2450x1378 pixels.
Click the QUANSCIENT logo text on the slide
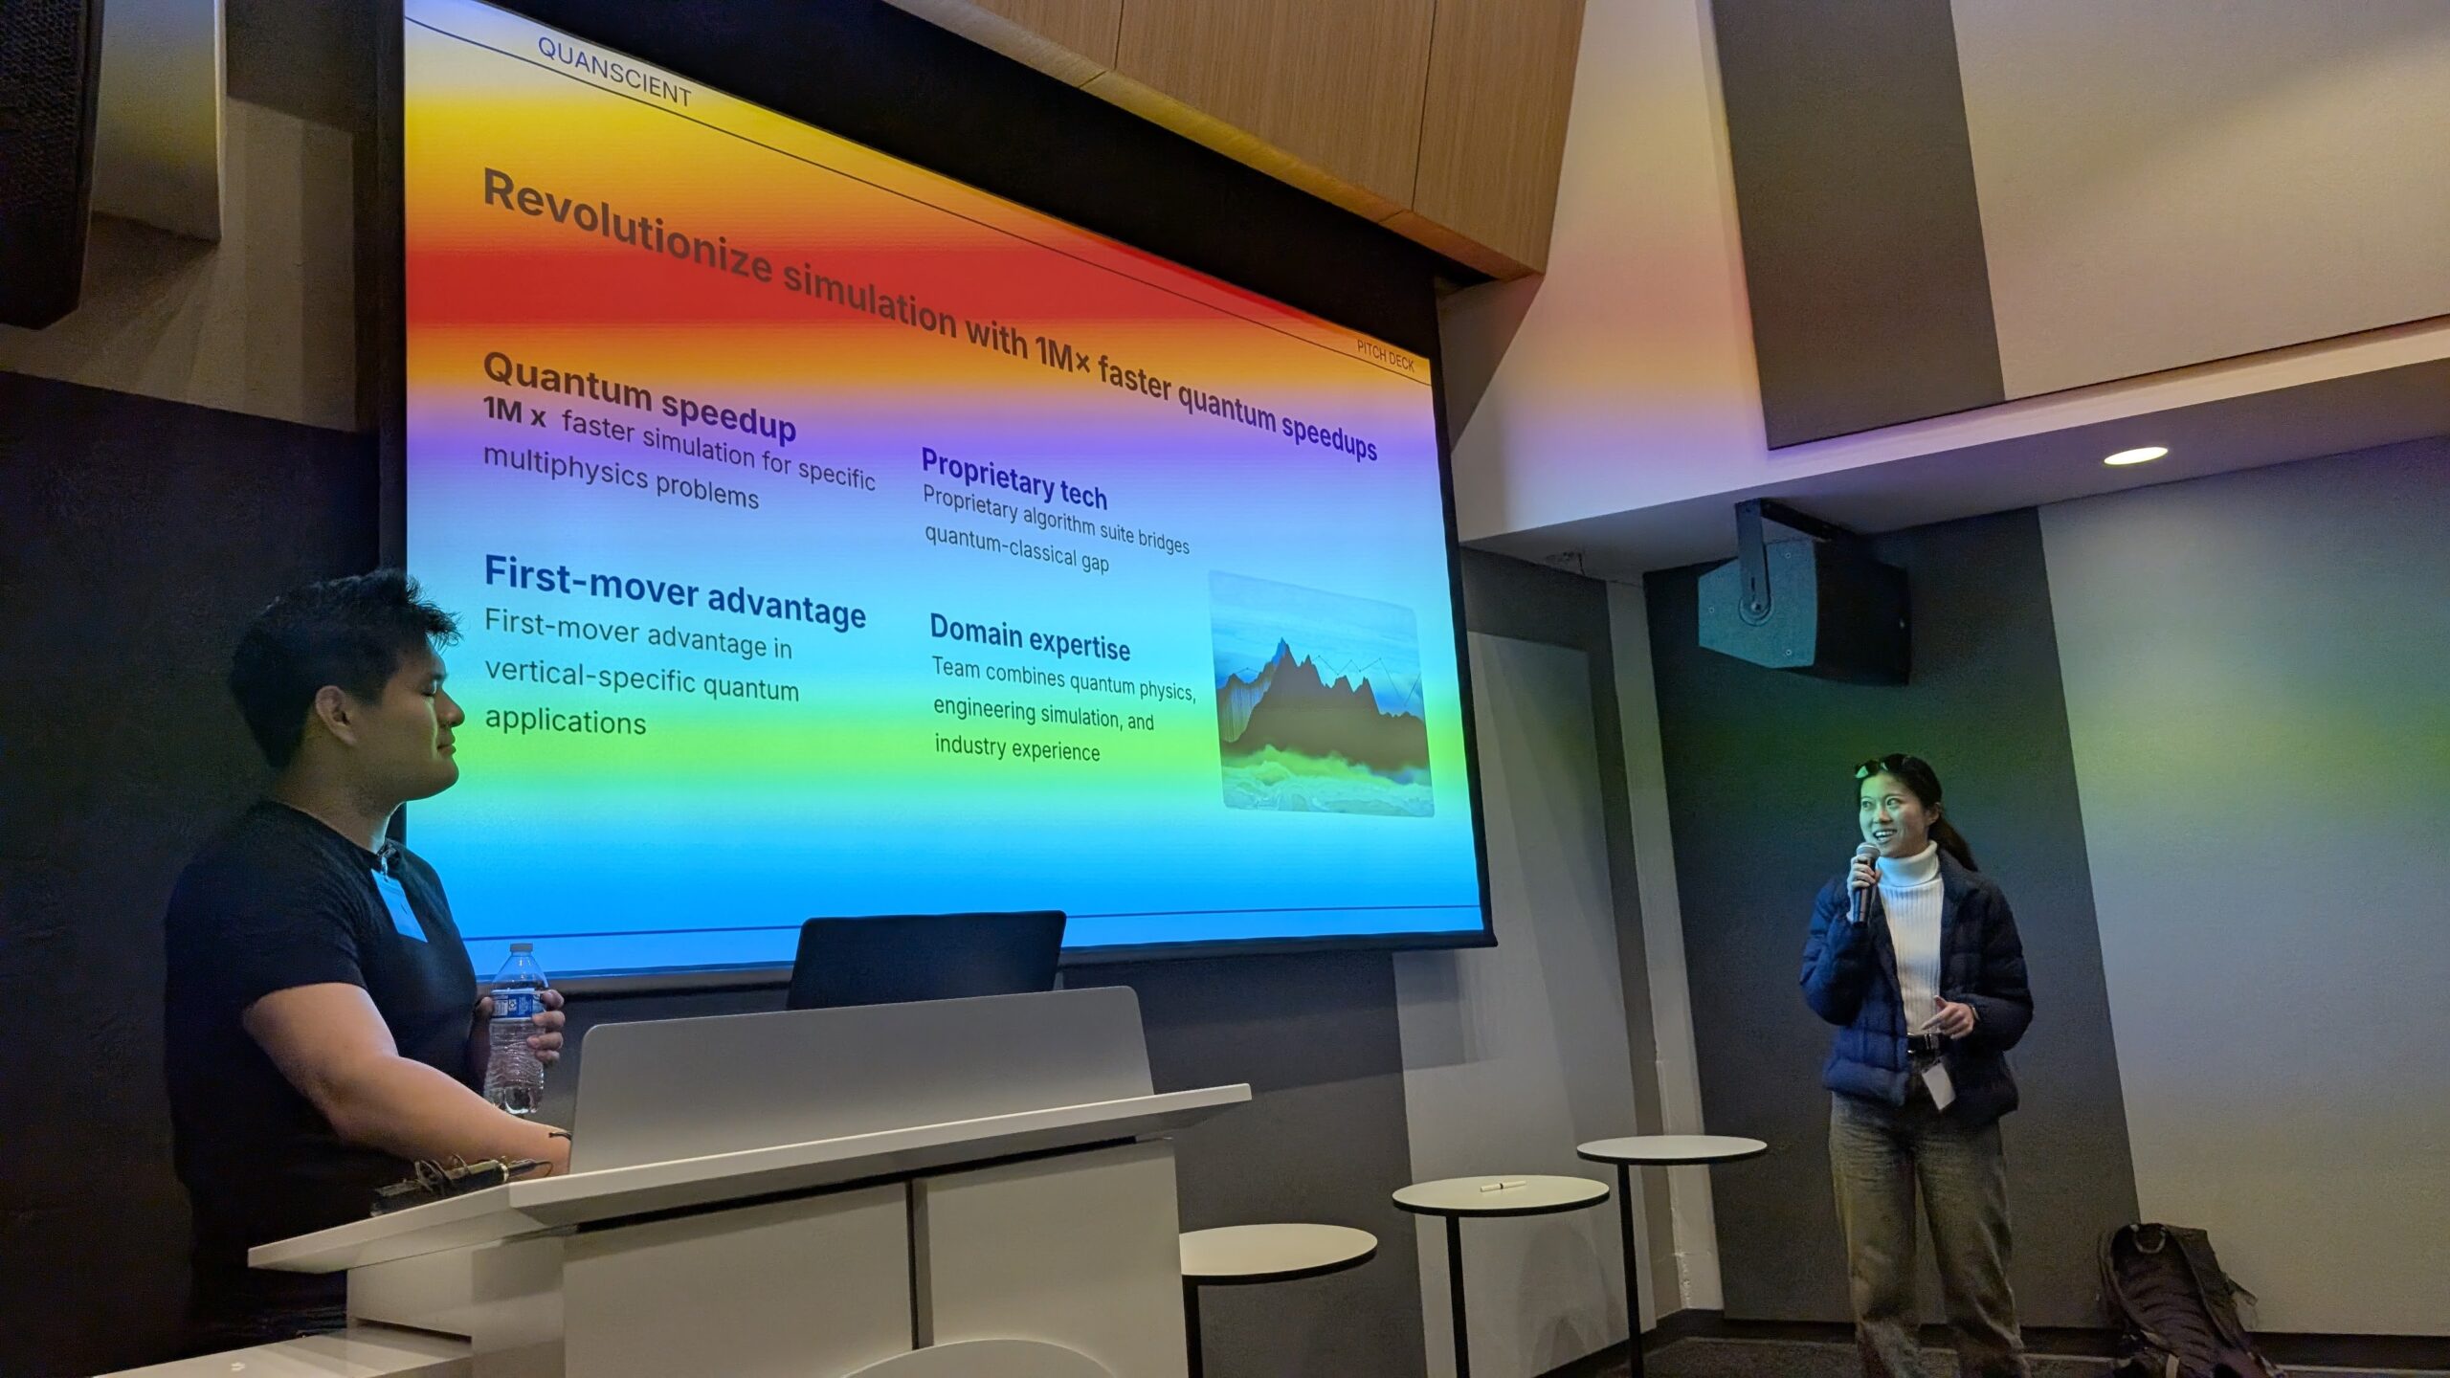pos(613,72)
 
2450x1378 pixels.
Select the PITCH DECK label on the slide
pos(1385,356)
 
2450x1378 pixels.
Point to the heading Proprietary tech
pos(1013,478)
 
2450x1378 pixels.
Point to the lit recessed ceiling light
pos(2135,456)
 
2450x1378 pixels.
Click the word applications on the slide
pos(566,721)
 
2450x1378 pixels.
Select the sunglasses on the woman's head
pos(1883,766)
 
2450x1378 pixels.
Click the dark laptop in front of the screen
pos(925,960)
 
